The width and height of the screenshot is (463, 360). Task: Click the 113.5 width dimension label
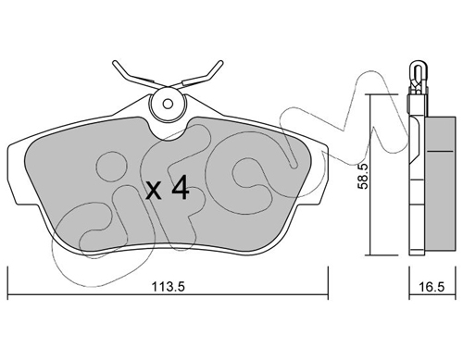coord(168,287)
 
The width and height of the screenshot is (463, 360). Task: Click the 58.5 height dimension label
coord(363,177)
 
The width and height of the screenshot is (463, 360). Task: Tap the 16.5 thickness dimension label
coord(432,287)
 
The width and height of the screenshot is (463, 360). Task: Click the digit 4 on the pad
coord(181,187)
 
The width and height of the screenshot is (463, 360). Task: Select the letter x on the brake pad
coord(154,190)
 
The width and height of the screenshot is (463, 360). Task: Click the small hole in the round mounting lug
coord(168,104)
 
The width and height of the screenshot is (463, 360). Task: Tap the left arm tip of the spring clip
coord(116,63)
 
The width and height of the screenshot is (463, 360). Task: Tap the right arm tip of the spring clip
coord(220,63)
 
